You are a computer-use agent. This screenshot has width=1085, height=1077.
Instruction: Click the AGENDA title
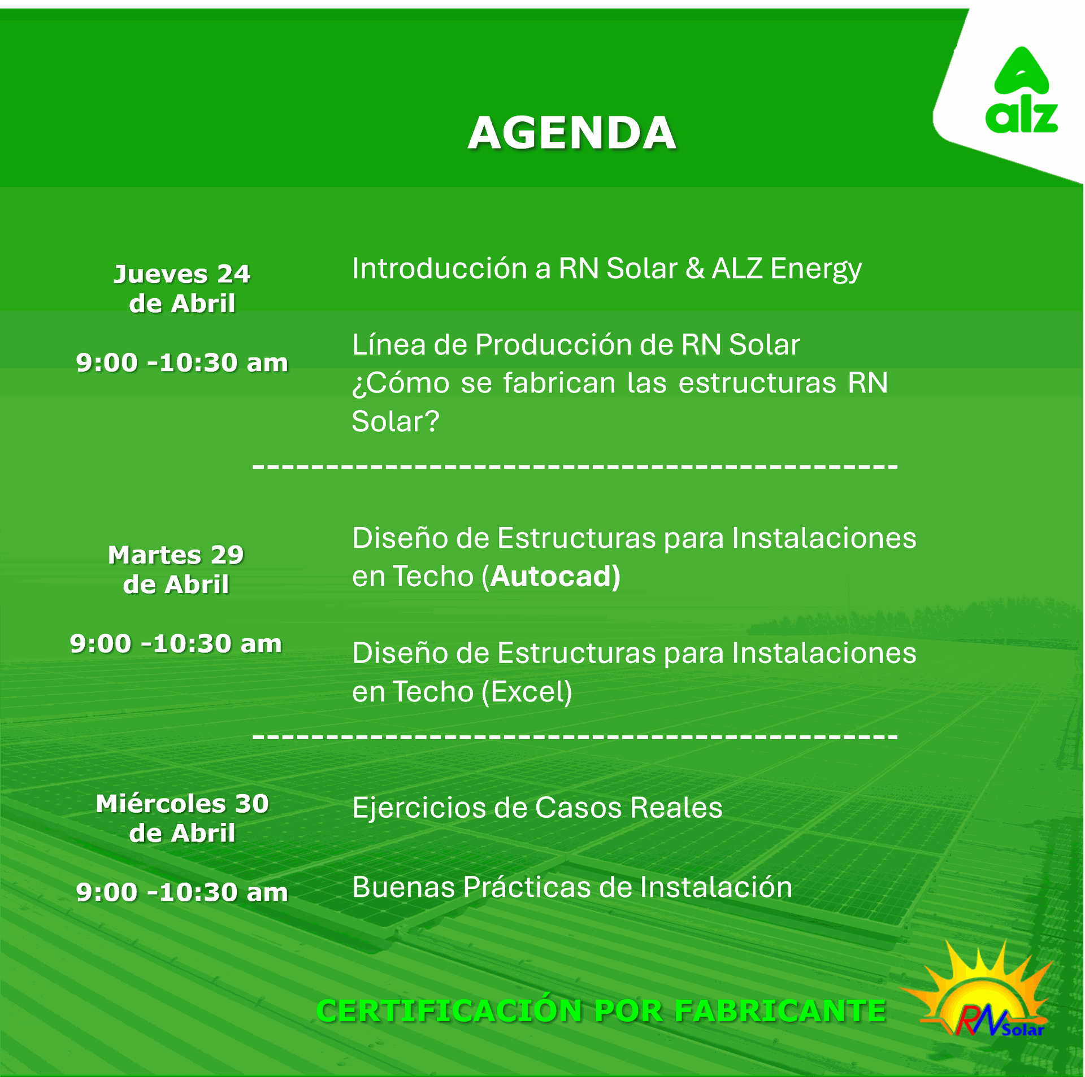(x=572, y=133)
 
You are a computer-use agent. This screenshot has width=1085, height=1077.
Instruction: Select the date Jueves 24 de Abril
(x=182, y=289)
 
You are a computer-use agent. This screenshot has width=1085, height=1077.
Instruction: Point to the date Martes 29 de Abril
(x=176, y=569)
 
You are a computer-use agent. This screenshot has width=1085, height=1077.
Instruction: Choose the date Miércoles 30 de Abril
(x=182, y=818)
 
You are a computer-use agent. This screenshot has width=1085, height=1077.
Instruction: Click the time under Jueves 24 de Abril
(x=182, y=363)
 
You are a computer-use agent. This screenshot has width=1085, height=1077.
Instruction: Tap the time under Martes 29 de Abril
(x=176, y=644)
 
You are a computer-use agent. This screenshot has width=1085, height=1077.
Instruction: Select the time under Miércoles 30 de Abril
(x=182, y=892)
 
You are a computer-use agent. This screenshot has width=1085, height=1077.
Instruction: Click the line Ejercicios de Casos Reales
(x=537, y=807)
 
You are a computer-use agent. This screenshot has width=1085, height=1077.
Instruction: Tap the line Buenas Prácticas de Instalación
(x=572, y=887)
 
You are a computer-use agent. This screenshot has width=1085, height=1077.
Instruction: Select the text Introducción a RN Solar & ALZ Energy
(x=607, y=269)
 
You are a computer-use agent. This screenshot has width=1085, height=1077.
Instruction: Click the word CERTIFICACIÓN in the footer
(x=449, y=1010)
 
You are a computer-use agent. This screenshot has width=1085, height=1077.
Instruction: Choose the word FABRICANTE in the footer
(x=780, y=1011)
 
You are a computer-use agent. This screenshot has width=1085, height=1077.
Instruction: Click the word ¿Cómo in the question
(x=401, y=383)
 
